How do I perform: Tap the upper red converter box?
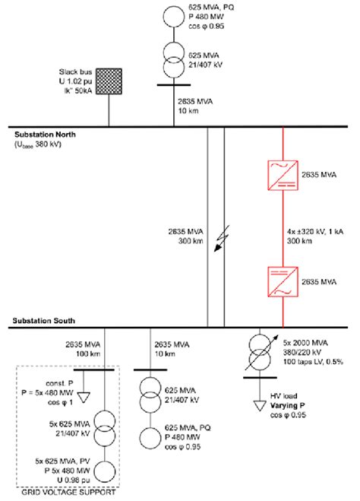283,173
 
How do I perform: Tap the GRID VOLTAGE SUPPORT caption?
67,495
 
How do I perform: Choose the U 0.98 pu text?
62,480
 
